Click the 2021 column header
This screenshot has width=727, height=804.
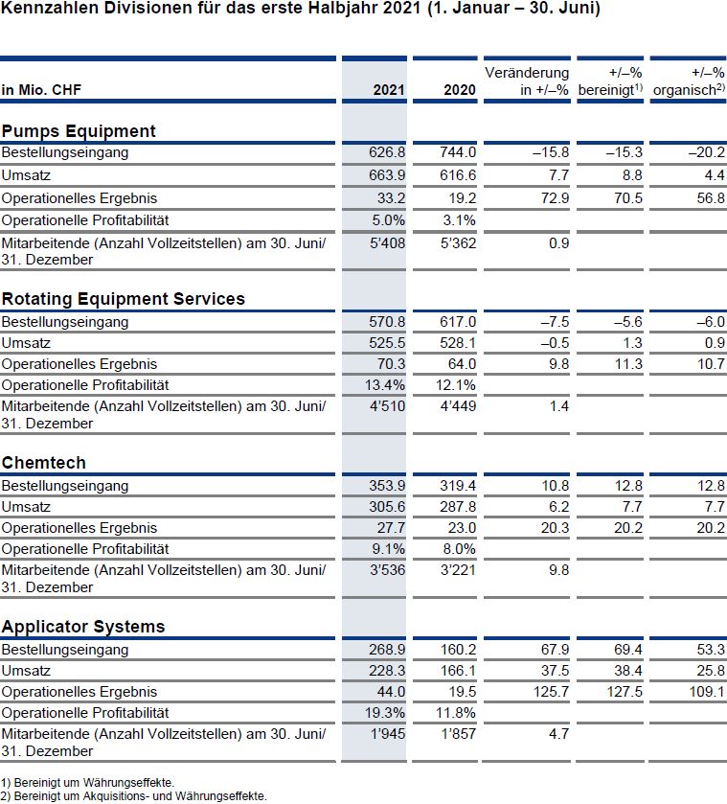[389, 90]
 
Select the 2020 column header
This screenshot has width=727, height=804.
[460, 90]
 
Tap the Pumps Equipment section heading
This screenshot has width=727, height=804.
[79, 131]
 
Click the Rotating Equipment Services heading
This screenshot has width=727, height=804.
[123, 298]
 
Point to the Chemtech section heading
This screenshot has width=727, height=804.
[43, 463]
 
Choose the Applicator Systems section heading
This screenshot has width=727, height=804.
[83, 627]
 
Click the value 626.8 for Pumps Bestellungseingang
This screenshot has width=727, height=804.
[387, 152]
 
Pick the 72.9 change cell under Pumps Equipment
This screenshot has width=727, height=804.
[555, 198]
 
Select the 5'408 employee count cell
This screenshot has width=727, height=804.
[388, 243]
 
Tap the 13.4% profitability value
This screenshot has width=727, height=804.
[385, 384]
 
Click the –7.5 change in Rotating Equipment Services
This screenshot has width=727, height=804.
[555, 321]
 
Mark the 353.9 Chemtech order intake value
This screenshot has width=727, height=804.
[387, 486]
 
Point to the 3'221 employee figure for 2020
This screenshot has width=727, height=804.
[459, 569]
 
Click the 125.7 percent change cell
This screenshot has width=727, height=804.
[551, 691]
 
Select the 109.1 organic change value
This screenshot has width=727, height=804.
[707, 691]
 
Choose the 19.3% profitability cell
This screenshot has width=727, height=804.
[385, 712]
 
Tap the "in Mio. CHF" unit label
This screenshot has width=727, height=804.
[41, 90]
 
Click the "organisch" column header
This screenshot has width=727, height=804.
[689, 90]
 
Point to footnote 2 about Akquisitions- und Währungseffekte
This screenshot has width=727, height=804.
[134, 796]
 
